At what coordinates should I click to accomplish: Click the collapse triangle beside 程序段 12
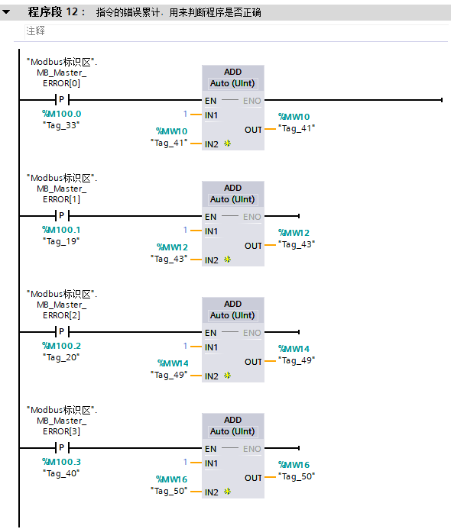(6, 12)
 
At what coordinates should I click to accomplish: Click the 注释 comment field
(35, 31)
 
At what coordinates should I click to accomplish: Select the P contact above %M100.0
(62, 100)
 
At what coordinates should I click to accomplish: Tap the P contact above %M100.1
(62, 216)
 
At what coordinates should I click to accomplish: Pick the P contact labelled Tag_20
(62, 332)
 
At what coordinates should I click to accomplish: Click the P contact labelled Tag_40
(62, 448)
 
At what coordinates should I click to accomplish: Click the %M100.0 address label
(61, 114)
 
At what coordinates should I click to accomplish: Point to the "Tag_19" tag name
(61, 241)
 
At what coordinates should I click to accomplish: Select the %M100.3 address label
(61, 462)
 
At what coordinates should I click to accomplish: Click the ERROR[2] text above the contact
(61, 315)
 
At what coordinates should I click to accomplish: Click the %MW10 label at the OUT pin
(294, 117)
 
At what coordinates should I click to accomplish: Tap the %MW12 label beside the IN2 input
(172, 247)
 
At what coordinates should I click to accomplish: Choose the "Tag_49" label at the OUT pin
(297, 360)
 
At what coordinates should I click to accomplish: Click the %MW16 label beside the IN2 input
(172, 479)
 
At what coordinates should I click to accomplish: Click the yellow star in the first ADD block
(227, 144)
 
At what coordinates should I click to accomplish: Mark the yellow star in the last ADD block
(227, 492)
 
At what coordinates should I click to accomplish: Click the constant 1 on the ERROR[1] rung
(185, 230)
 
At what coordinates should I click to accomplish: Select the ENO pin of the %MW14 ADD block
(252, 333)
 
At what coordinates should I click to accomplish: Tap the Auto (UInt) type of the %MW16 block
(232, 431)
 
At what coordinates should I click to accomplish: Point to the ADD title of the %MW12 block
(233, 188)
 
